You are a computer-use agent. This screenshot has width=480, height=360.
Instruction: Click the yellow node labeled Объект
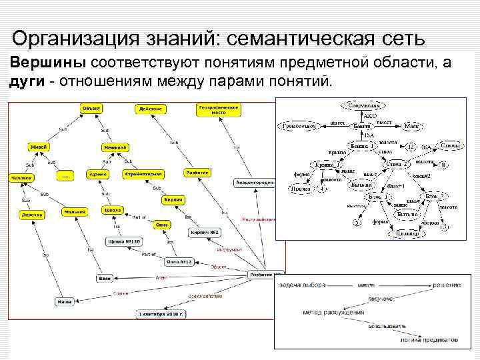[x=91, y=108]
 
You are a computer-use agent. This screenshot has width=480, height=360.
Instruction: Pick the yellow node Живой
[x=38, y=147]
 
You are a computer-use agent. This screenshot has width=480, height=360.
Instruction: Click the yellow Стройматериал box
[x=143, y=173]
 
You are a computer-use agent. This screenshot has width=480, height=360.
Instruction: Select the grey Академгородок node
[x=254, y=182]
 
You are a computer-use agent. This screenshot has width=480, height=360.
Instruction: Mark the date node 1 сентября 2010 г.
[x=161, y=313]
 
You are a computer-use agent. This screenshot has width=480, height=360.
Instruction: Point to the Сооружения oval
[x=363, y=105]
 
